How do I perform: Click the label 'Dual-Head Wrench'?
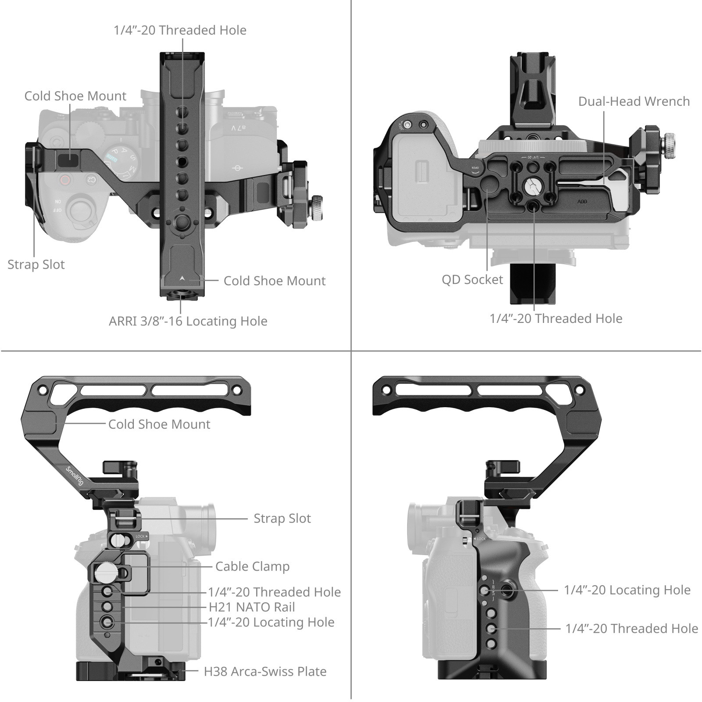click(634, 101)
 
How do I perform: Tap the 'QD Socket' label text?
click(472, 279)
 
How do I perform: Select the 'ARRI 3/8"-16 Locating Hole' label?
click(188, 321)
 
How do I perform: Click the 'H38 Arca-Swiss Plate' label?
click(265, 672)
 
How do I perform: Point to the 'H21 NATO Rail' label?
click(251, 607)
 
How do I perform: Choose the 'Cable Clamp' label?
click(252, 566)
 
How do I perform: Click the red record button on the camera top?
click(65, 179)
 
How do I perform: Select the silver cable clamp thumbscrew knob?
click(104, 572)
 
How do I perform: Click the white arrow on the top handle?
click(182, 278)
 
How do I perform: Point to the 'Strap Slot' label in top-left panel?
click(36, 265)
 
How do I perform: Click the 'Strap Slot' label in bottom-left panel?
click(282, 519)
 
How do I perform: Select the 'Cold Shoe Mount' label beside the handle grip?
click(159, 424)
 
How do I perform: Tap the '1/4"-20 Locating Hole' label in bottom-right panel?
click(627, 590)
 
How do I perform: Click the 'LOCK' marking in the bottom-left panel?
click(140, 536)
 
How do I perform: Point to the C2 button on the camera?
click(90, 179)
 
